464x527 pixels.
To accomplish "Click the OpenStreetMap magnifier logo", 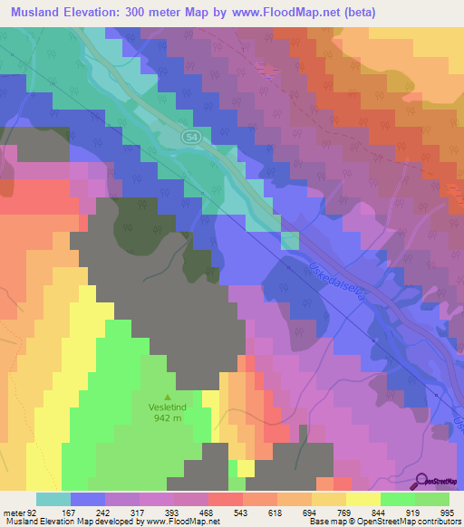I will click(420, 482).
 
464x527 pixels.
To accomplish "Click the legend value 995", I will click(449, 513).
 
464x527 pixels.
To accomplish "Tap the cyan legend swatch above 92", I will click(53, 499).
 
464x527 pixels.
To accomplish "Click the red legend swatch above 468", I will click(225, 499).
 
